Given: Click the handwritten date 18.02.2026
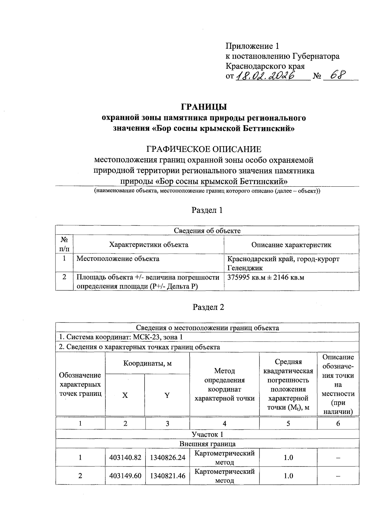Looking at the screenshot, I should pyautogui.click(x=266, y=76).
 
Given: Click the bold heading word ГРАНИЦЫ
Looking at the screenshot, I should pyautogui.click(x=204, y=107).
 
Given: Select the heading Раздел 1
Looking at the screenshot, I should pyautogui.click(x=207, y=210).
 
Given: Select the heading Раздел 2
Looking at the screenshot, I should pyautogui.click(x=209, y=307).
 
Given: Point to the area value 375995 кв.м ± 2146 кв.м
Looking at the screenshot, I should pyautogui.click(x=266, y=277).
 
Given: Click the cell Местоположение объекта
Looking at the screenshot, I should pyautogui.click(x=118, y=259).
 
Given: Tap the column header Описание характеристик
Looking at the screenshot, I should pyautogui.click(x=291, y=245).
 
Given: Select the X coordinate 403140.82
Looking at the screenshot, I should pyautogui.click(x=125, y=458).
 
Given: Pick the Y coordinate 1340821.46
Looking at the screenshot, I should pyautogui.click(x=168, y=476).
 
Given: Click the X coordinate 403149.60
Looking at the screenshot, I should pyautogui.click(x=125, y=476).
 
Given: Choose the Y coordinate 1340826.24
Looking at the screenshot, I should pyautogui.click(x=168, y=458).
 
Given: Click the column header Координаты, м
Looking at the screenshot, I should pyautogui.click(x=147, y=363).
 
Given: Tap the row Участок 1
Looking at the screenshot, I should pyautogui.click(x=207, y=434).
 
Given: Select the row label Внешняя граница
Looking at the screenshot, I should pyautogui.click(x=207, y=444).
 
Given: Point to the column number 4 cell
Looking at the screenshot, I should pyautogui.click(x=224, y=424).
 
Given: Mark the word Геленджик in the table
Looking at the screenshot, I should pyautogui.click(x=245, y=268).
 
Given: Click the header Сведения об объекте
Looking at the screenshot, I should pyautogui.click(x=207, y=231).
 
